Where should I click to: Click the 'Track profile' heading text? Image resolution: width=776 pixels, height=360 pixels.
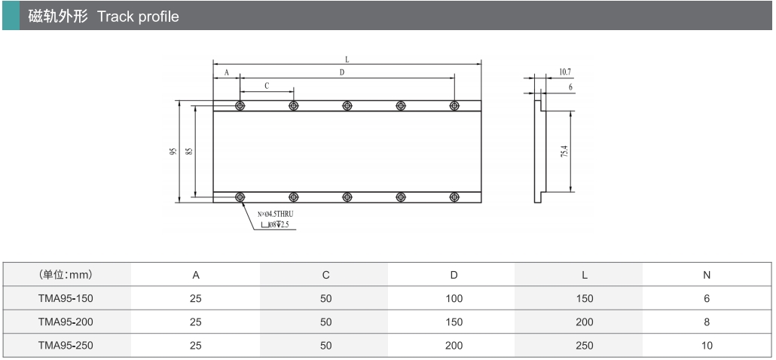coord(138,17)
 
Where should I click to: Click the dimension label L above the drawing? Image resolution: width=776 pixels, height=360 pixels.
coord(347,59)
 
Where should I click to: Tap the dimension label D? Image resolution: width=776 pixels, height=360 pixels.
coord(342,73)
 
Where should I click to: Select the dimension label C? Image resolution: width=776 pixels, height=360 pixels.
coord(267,86)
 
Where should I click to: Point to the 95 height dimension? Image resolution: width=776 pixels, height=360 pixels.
coord(173,151)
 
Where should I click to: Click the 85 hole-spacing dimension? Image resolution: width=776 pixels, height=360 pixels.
coord(189,151)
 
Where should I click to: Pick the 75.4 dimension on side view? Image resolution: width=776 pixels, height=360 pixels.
coord(564,151)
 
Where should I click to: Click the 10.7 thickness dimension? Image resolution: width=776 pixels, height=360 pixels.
coord(565,72)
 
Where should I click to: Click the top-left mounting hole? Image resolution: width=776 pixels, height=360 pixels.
coord(240,105)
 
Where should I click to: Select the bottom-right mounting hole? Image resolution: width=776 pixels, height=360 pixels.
coord(454,197)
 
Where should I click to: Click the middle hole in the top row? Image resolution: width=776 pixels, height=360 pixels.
coord(347,105)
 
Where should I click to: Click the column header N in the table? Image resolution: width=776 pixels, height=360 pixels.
coord(707,275)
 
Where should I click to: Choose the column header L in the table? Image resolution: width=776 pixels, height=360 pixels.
coord(585,275)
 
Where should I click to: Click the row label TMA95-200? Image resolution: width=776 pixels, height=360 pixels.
coord(66,322)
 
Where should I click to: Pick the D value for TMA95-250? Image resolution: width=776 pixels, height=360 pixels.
coord(454,345)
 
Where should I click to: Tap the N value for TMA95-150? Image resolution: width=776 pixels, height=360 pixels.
coord(707,299)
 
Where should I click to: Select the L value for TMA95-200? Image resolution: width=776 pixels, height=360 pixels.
coord(585,322)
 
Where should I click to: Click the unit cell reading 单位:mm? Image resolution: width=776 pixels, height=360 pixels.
coord(66,274)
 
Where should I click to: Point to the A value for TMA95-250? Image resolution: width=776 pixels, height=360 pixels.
coord(196,345)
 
